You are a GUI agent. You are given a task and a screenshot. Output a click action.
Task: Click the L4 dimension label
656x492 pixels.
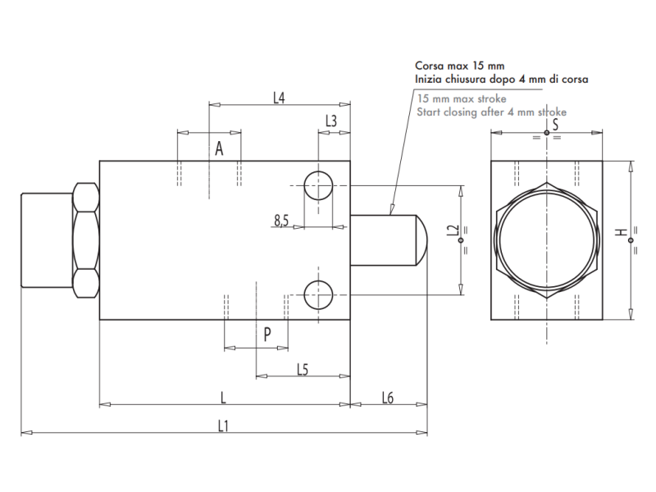click(x=279, y=98)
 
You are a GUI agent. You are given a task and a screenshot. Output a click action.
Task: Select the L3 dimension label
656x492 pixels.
click(x=330, y=121)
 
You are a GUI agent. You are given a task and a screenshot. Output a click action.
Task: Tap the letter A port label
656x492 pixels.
click(x=219, y=148)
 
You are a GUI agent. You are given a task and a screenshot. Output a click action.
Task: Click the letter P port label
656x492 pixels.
click(x=267, y=335)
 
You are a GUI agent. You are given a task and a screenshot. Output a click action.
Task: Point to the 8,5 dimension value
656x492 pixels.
click(x=281, y=219)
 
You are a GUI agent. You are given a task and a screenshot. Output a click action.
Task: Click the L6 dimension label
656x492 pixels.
click(x=388, y=398)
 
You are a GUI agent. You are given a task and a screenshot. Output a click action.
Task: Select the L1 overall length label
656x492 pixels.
click(x=223, y=426)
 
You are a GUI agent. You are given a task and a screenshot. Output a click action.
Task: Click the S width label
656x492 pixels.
click(x=555, y=125)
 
